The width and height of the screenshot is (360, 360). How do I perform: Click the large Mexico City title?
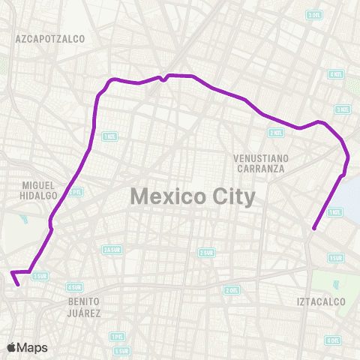pos(193,196)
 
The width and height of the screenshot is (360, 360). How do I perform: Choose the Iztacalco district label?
pos(320,301)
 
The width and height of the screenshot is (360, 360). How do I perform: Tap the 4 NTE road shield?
pos(335,74)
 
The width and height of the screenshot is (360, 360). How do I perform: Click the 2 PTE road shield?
pos(76,192)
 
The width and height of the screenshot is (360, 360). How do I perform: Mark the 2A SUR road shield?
pos(112,250)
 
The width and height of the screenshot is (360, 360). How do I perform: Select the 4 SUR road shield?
pos(74,286)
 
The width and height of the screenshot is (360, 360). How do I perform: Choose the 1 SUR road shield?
pos(335,257)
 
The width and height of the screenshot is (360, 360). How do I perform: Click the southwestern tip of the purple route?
pos(17,285)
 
